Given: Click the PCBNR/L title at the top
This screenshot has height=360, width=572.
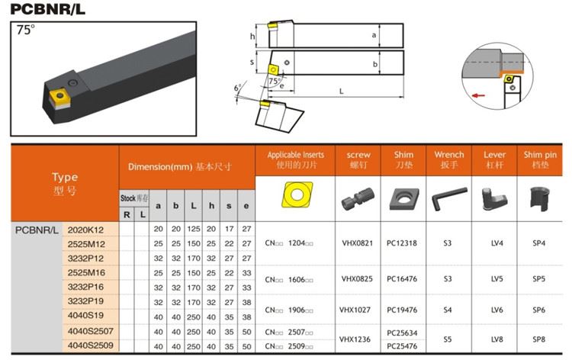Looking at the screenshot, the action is click(47, 9).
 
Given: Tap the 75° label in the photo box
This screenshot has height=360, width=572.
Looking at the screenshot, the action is click(25, 30).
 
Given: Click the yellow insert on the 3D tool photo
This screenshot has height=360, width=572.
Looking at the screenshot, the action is click(59, 95).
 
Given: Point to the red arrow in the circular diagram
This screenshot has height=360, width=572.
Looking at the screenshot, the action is click(478, 95).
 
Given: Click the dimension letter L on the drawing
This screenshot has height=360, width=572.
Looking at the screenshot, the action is click(341, 92).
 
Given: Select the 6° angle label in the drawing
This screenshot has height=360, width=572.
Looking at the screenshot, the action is click(237, 88).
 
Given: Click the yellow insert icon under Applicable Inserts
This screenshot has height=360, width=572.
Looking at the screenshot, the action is click(297, 194).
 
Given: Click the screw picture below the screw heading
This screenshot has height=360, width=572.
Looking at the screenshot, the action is click(358, 199).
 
